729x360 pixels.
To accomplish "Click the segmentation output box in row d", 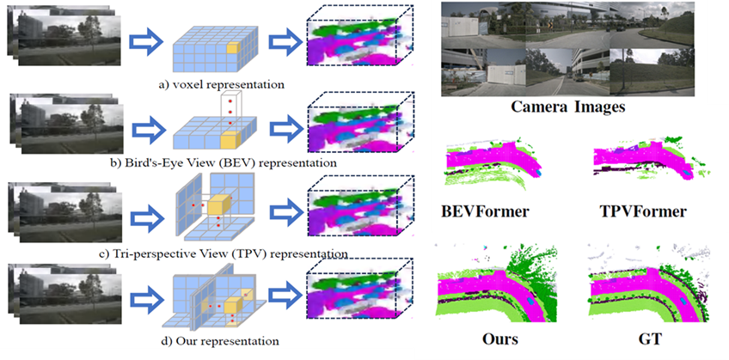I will [358, 301].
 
